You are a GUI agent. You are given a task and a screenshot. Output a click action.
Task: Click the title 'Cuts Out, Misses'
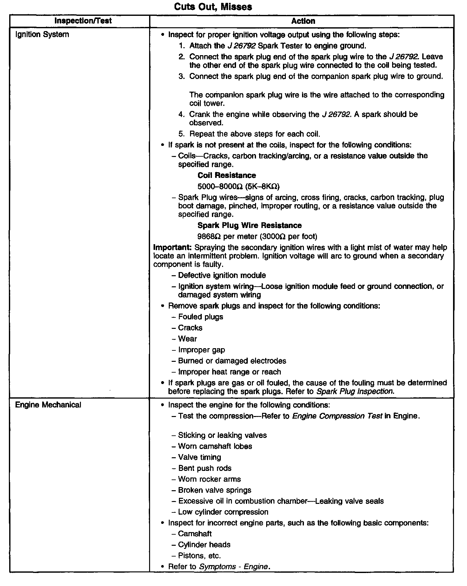pyautogui.click(x=213, y=7)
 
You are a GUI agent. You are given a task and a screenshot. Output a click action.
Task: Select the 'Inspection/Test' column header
pyautogui.click(x=83, y=21)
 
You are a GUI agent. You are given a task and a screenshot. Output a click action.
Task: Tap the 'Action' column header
pyautogui.click(x=303, y=21)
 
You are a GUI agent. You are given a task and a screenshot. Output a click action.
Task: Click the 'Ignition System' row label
pyautogui.click(x=42, y=34)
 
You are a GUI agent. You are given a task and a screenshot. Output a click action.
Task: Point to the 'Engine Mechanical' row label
pyautogui.click(x=48, y=405)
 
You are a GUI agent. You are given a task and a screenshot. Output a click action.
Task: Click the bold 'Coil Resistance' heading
pyautogui.click(x=227, y=175)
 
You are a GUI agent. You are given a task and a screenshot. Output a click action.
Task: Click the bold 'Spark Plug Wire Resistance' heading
pyautogui.click(x=249, y=225)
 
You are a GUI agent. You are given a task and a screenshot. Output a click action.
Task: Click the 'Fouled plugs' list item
pyautogui.click(x=201, y=317)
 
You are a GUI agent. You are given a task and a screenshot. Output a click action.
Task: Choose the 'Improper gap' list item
pyautogui.click(x=201, y=350)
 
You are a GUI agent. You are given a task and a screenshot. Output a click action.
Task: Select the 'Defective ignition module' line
pyautogui.click(x=222, y=275)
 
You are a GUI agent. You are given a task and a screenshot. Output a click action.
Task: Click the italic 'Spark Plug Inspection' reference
pyautogui.click(x=355, y=391)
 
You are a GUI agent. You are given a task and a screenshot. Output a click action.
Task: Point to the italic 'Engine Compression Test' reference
pyautogui.click(x=337, y=416)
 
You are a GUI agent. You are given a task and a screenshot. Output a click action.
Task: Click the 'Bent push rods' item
pyautogui.click(x=205, y=468)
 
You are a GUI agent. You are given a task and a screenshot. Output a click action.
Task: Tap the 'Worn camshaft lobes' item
pyautogui.click(x=215, y=446)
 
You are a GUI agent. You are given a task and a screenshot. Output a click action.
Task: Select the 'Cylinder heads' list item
pyautogui.click(x=204, y=544)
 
